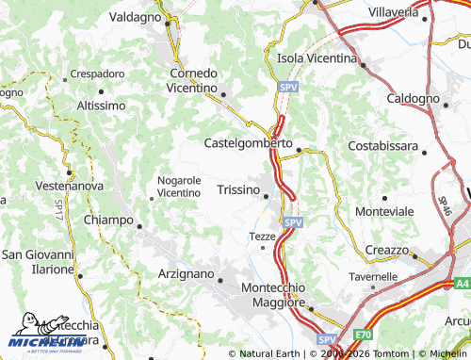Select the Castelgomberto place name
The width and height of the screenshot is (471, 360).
(249, 143)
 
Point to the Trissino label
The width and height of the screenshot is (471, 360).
(238, 190)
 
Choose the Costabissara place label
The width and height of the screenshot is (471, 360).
(382, 145)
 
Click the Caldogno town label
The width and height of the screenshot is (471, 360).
(414, 98)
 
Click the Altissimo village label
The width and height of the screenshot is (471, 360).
(101, 106)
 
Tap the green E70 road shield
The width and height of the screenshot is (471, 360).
(364, 335)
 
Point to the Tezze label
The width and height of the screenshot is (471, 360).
(261, 236)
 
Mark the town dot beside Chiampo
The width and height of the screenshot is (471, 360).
(139, 226)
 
